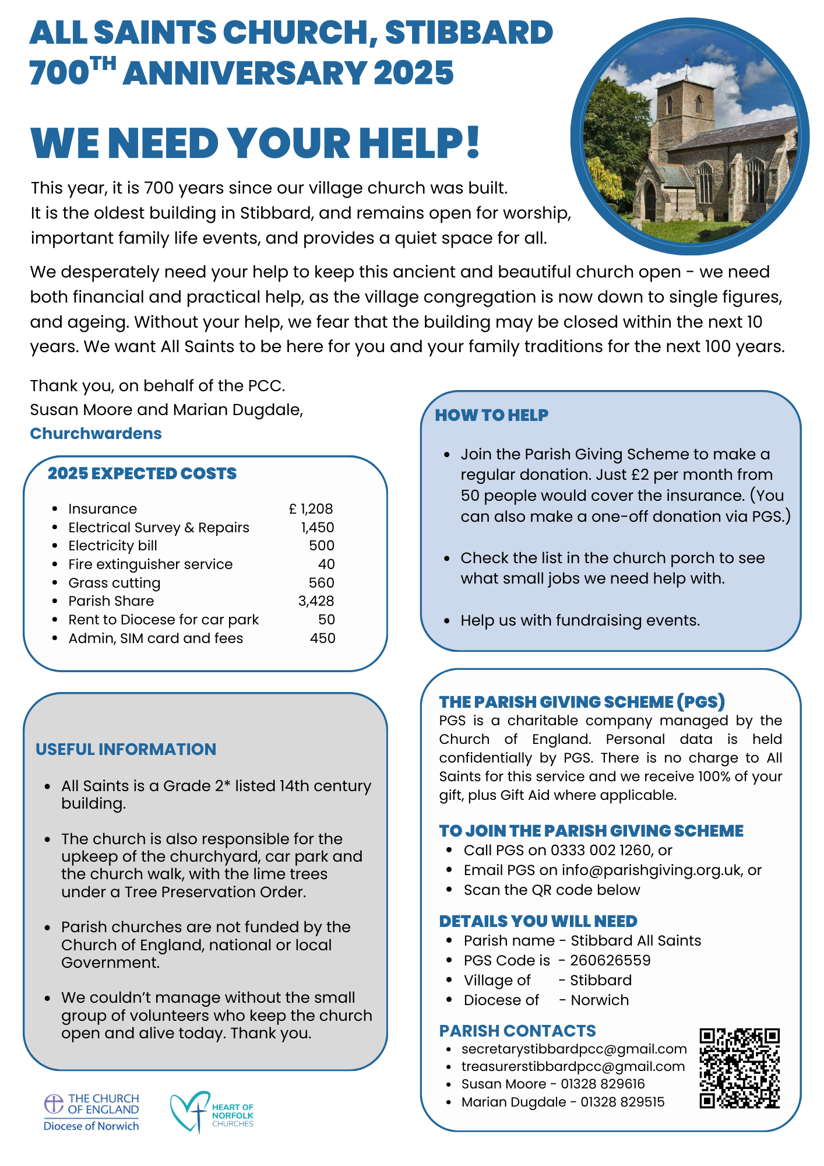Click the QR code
(740, 1068)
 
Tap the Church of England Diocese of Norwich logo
(92, 1112)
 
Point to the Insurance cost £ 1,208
(311, 509)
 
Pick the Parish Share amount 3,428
(316, 601)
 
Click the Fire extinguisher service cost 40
(326, 564)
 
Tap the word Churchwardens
(96, 434)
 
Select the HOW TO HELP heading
(491, 415)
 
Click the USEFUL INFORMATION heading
(126, 749)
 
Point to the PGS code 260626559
(610, 960)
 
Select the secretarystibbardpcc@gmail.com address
(574, 1049)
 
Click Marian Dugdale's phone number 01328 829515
(622, 1102)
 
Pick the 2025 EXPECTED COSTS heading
(142, 473)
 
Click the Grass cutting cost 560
(321, 583)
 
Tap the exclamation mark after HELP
(473, 143)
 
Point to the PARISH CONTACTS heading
(517, 1031)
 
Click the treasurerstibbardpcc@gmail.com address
(573, 1066)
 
